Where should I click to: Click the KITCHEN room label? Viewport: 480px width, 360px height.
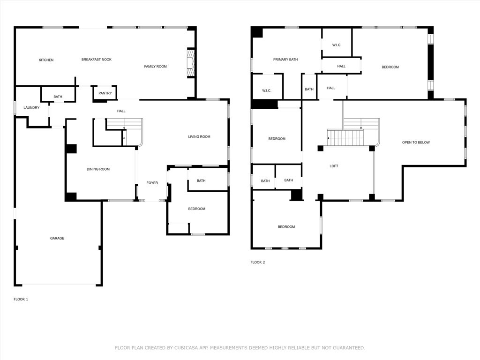[x=46, y=60]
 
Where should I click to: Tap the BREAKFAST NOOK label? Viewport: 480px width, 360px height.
[x=97, y=60]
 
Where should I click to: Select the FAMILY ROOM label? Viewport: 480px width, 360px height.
[x=155, y=67]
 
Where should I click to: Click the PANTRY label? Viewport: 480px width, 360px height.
[x=105, y=93]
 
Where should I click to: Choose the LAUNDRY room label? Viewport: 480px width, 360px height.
[x=31, y=108]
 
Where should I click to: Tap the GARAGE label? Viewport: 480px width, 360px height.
[x=57, y=239]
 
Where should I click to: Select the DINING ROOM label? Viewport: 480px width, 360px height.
[x=98, y=169]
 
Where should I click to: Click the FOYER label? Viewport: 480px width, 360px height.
[x=152, y=183]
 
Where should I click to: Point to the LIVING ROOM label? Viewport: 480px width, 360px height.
[x=199, y=137]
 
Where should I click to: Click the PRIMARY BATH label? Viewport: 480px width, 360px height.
[x=285, y=60]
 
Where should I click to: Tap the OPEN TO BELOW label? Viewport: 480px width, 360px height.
[x=416, y=142]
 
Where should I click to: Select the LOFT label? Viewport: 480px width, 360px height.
[x=334, y=166]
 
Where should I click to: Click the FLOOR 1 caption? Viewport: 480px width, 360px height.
[x=21, y=299]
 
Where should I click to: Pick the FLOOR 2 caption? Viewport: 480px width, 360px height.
[x=257, y=262]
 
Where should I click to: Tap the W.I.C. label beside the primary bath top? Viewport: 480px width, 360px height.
[x=337, y=45]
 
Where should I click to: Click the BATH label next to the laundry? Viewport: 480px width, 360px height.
[x=58, y=97]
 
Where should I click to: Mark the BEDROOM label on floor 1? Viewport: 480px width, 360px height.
[x=197, y=209]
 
